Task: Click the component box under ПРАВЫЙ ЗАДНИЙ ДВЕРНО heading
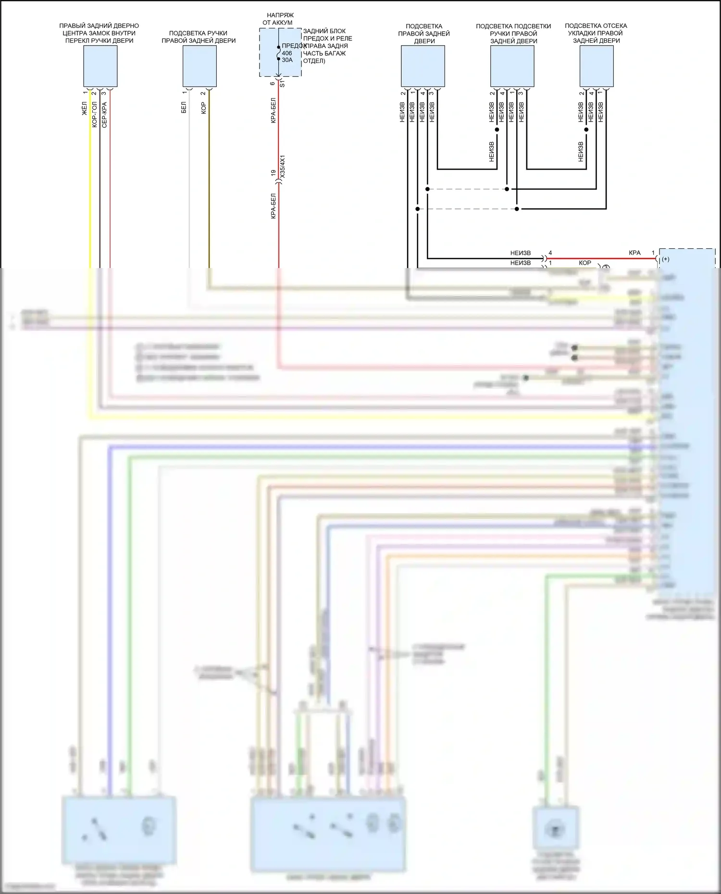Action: click(100, 66)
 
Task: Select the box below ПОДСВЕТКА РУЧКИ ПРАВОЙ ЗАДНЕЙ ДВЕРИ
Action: click(199, 66)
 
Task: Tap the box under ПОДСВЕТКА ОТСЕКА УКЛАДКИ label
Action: click(597, 66)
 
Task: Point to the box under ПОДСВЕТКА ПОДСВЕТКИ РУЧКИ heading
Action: click(512, 66)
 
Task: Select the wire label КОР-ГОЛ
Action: click(94, 114)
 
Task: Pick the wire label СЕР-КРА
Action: click(104, 114)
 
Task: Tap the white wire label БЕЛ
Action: click(184, 108)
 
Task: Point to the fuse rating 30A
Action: click(287, 60)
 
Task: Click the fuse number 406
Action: click(287, 53)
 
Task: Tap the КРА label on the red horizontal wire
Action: click(634, 253)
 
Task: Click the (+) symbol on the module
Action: click(666, 259)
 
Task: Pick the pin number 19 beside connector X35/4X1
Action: click(273, 173)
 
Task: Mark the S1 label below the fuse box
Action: click(283, 84)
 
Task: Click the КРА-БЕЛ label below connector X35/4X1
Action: click(273, 206)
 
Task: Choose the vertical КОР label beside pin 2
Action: click(203, 108)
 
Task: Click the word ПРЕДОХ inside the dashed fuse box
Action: click(294, 46)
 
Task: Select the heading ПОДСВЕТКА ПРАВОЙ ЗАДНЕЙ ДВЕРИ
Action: click(424, 34)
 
